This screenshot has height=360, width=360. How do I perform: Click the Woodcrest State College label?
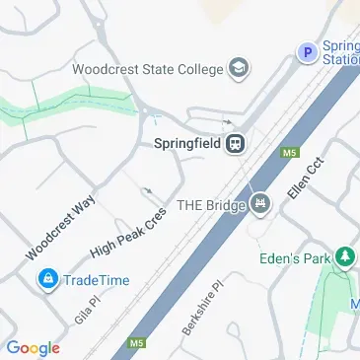click(x=147, y=69)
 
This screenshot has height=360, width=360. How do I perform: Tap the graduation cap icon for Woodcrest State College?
click(x=238, y=69)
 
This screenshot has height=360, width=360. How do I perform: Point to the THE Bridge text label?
click(x=209, y=204)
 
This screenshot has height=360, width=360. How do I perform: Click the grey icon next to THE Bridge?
click(x=260, y=204)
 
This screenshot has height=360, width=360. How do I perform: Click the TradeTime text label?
click(x=97, y=280)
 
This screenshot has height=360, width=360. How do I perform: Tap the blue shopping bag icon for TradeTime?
click(x=46, y=280)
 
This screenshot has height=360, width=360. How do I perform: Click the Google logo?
click(x=33, y=347)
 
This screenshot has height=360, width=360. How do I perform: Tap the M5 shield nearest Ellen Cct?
click(x=290, y=153)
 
